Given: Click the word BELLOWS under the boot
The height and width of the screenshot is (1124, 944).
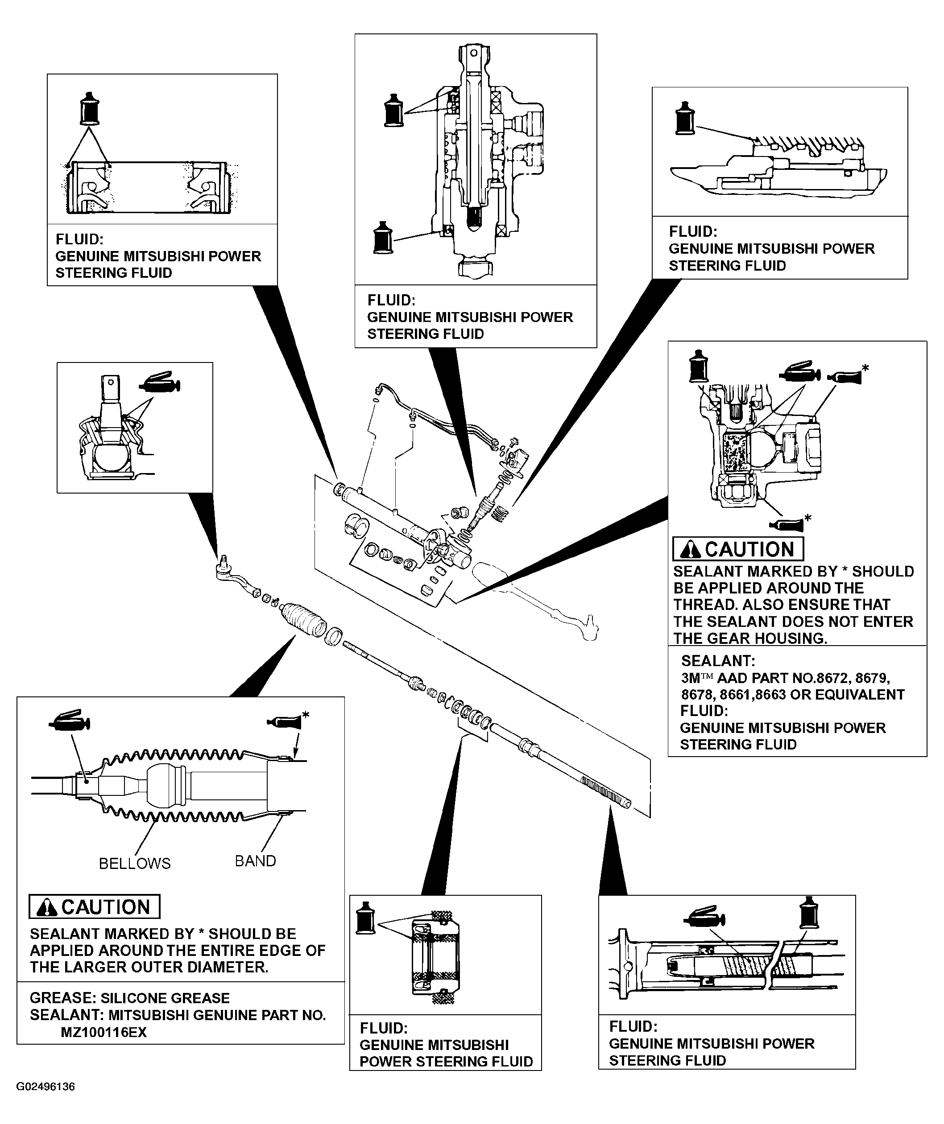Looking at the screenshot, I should pyautogui.click(x=134, y=863).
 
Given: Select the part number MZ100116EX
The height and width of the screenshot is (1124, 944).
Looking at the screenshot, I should pyautogui.click(x=104, y=1032).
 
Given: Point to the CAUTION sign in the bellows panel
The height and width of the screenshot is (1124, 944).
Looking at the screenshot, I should pyautogui.click(x=94, y=907).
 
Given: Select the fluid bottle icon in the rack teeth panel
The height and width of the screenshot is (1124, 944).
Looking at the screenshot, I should pyautogui.click(x=685, y=118).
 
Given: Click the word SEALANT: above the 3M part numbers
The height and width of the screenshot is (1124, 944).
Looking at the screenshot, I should pyautogui.click(x=717, y=661).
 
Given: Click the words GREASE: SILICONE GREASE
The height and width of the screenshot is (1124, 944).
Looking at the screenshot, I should pyautogui.click(x=129, y=998).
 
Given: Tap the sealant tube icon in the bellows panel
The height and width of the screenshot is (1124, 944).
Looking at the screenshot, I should pyautogui.click(x=284, y=721).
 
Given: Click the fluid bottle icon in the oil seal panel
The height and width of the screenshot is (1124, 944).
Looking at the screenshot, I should pyautogui.click(x=366, y=918).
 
